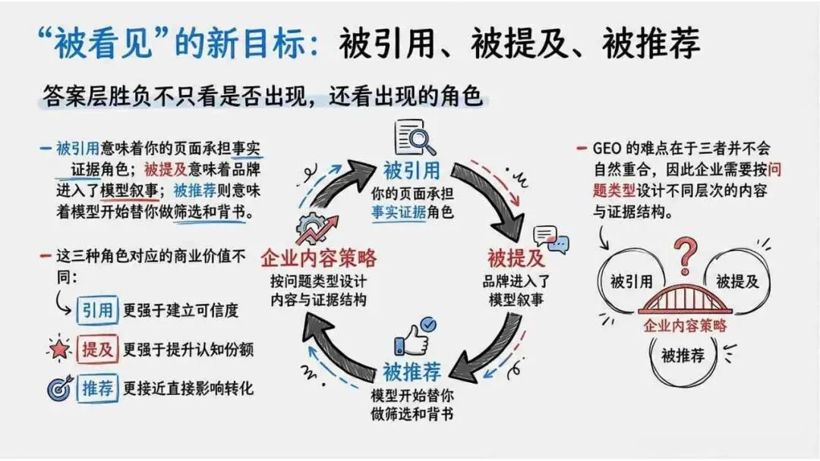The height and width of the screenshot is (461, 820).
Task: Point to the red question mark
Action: (688, 256)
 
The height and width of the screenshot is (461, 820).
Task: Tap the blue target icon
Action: (59, 389)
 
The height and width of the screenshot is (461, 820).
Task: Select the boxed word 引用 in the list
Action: (98, 309)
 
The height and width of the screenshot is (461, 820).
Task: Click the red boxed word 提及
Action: (98, 350)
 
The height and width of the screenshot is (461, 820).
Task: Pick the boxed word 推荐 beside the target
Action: (98, 389)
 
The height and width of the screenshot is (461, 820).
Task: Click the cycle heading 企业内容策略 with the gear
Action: (319, 259)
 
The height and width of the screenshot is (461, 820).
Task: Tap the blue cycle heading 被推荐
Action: (412, 373)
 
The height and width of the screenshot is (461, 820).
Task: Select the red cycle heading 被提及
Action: (516, 259)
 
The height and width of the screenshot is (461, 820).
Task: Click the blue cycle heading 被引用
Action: (412, 168)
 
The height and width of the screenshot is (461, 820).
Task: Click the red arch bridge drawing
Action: (686, 299)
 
